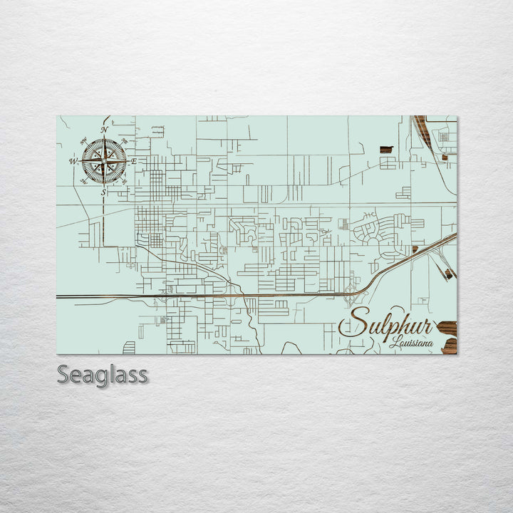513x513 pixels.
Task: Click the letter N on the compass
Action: (104, 130)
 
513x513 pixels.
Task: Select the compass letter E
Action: (134, 162)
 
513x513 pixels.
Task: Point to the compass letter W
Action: (73, 162)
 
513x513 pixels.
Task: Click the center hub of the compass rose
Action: (104, 162)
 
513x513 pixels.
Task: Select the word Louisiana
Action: (411, 343)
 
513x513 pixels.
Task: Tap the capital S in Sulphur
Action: (354, 322)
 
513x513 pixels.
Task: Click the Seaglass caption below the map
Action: (102, 374)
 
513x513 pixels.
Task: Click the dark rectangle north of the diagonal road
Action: (386, 150)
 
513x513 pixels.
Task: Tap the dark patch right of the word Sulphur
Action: (447, 328)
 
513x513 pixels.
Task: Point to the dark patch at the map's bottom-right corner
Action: (449, 346)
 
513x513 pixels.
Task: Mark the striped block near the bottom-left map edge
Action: (129, 348)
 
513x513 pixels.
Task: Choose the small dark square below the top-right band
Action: (445, 157)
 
